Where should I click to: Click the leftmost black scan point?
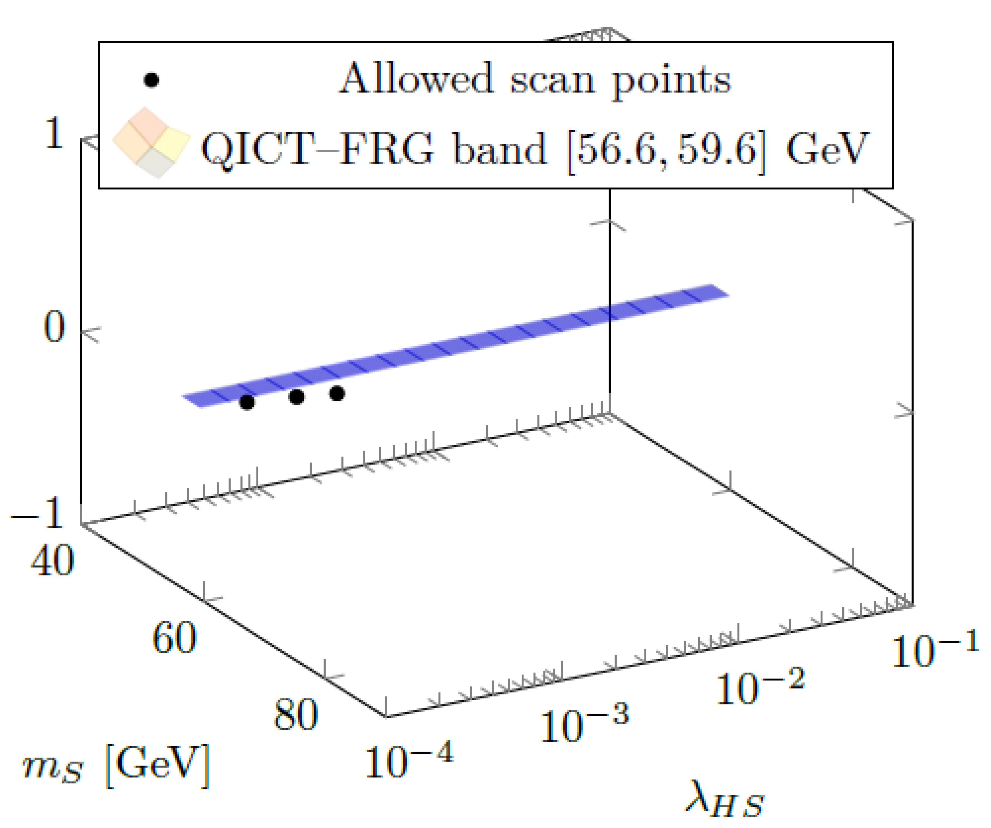[x=247, y=403]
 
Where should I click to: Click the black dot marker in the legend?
[x=151, y=80]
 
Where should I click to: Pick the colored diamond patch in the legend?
[x=151, y=142]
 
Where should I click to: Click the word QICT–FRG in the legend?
[x=316, y=148]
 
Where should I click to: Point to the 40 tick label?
[x=52, y=560]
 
